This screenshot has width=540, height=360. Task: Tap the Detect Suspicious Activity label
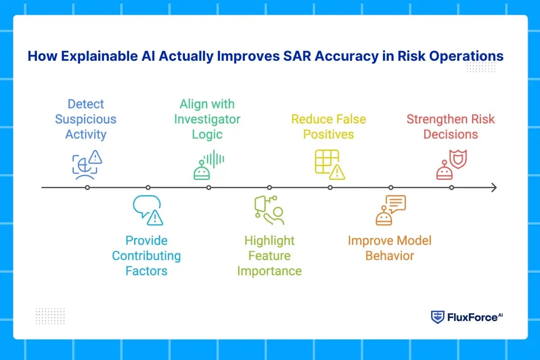point(85,119)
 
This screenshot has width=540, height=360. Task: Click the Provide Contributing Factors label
point(146,256)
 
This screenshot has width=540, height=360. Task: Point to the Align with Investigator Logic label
point(207,119)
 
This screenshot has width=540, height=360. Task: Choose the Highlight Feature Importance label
point(269,256)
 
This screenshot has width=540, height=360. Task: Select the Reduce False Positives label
point(328,126)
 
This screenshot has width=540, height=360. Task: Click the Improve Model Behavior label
point(390,248)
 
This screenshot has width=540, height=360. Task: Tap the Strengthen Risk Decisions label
point(450,126)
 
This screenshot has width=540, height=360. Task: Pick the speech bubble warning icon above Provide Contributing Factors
point(148,210)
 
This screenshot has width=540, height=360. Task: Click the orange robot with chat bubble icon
point(390,210)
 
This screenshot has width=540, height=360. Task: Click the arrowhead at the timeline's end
point(494,188)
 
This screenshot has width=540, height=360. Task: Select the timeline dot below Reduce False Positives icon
point(330,188)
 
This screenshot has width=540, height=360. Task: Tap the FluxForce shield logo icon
point(437,317)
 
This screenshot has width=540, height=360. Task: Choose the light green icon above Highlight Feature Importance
point(269,210)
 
